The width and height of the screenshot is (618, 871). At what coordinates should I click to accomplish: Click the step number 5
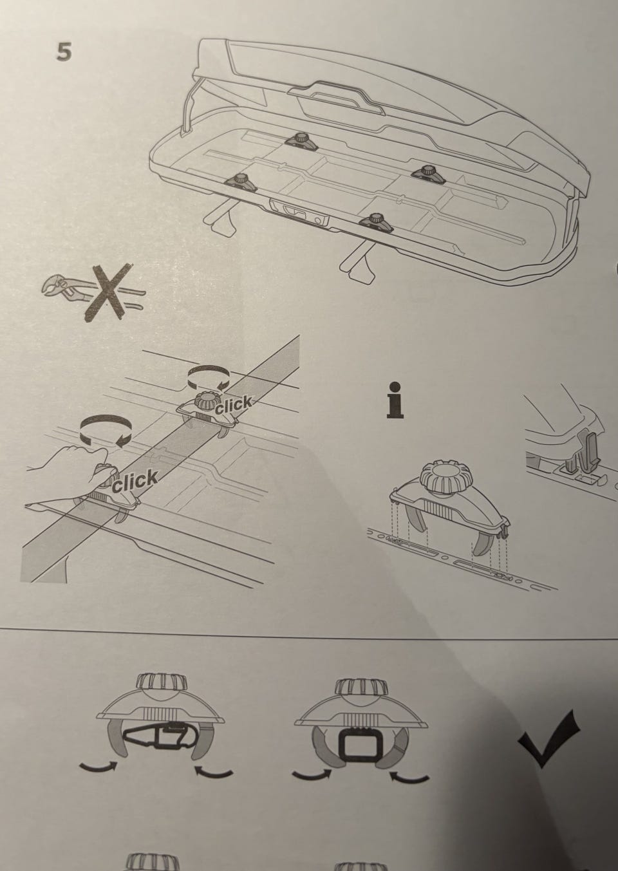pyautogui.click(x=64, y=52)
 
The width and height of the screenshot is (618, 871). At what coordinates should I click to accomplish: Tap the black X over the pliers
pyautogui.click(x=108, y=292)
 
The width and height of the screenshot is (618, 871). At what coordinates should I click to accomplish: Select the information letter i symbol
pyautogui.click(x=395, y=400)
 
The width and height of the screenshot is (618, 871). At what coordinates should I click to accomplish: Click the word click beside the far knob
pyautogui.click(x=234, y=405)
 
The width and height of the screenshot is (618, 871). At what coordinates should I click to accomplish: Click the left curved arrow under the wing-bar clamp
pyautogui.click(x=98, y=767)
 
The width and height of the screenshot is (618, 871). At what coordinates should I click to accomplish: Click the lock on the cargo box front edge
pyautogui.click(x=299, y=213)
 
